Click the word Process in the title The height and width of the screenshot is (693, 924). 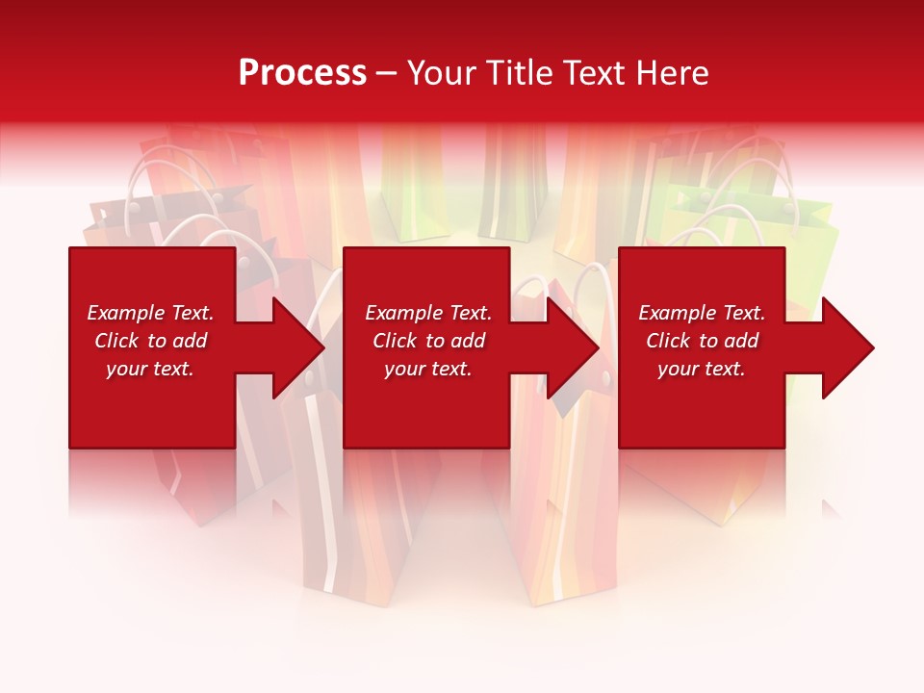(302, 73)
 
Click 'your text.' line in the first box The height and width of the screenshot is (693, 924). (150, 369)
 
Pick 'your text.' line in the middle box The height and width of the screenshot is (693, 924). (428, 369)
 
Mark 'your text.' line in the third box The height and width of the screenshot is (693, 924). (702, 369)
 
